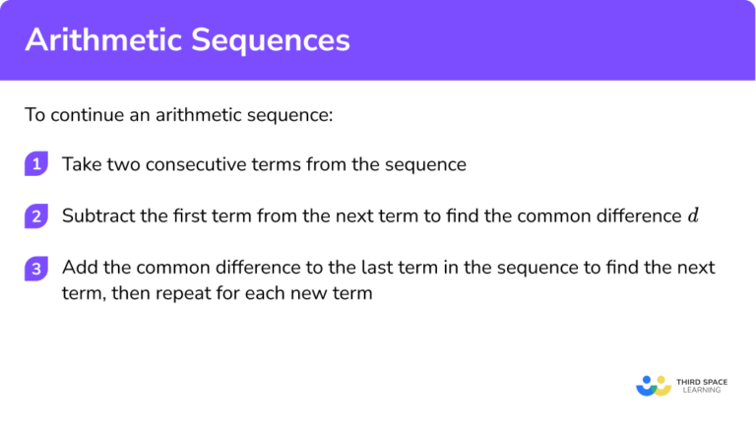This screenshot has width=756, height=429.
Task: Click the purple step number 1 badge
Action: point(35,164)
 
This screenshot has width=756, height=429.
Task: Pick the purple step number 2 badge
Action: point(35,216)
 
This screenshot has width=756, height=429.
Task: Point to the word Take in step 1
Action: point(80,164)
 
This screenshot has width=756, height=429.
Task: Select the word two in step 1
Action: point(121,164)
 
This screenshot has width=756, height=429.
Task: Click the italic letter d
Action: point(692,216)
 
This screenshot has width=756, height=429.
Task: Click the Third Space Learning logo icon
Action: point(653,385)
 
